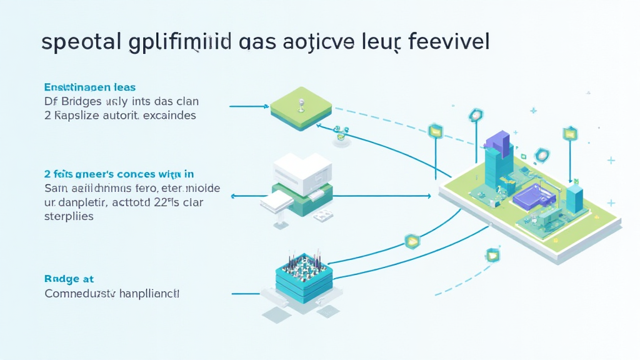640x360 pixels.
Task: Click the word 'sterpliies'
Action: tap(69, 217)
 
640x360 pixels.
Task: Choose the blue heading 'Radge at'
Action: tap(69, 279)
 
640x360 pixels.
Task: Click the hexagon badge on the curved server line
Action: tap(412, 241)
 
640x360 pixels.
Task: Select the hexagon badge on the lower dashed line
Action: tap(492, 254)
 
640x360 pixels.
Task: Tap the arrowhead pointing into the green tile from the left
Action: tap(266, 106)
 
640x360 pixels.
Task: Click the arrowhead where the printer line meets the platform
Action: tap(429, 196)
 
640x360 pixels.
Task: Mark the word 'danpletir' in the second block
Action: tap(83, 202)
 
